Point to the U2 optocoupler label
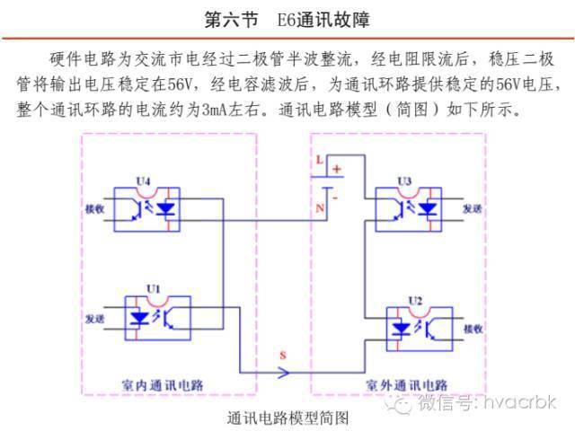click(414, 299)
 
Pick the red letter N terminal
click(318, 209)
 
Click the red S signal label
click(283, 356)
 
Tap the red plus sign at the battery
click(338, 168)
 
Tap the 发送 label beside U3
click(473, 208)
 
